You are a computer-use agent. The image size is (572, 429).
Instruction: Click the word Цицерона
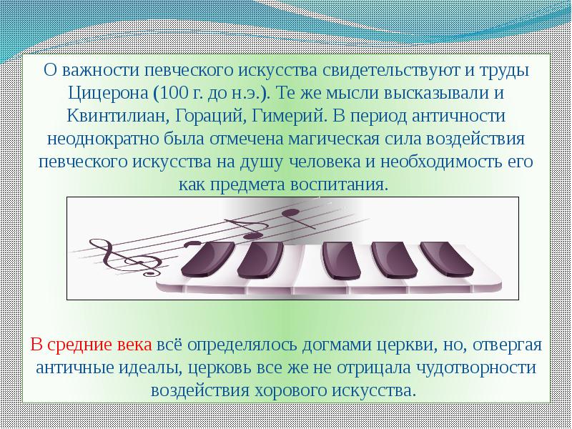coord(109,94)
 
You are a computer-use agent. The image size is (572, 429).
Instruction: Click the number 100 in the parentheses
coord(173,93)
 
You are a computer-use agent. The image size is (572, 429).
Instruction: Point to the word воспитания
coord(337,184)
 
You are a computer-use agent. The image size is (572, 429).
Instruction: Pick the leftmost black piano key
coord(207,260)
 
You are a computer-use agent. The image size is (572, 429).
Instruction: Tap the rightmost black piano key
coord(448,259)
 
